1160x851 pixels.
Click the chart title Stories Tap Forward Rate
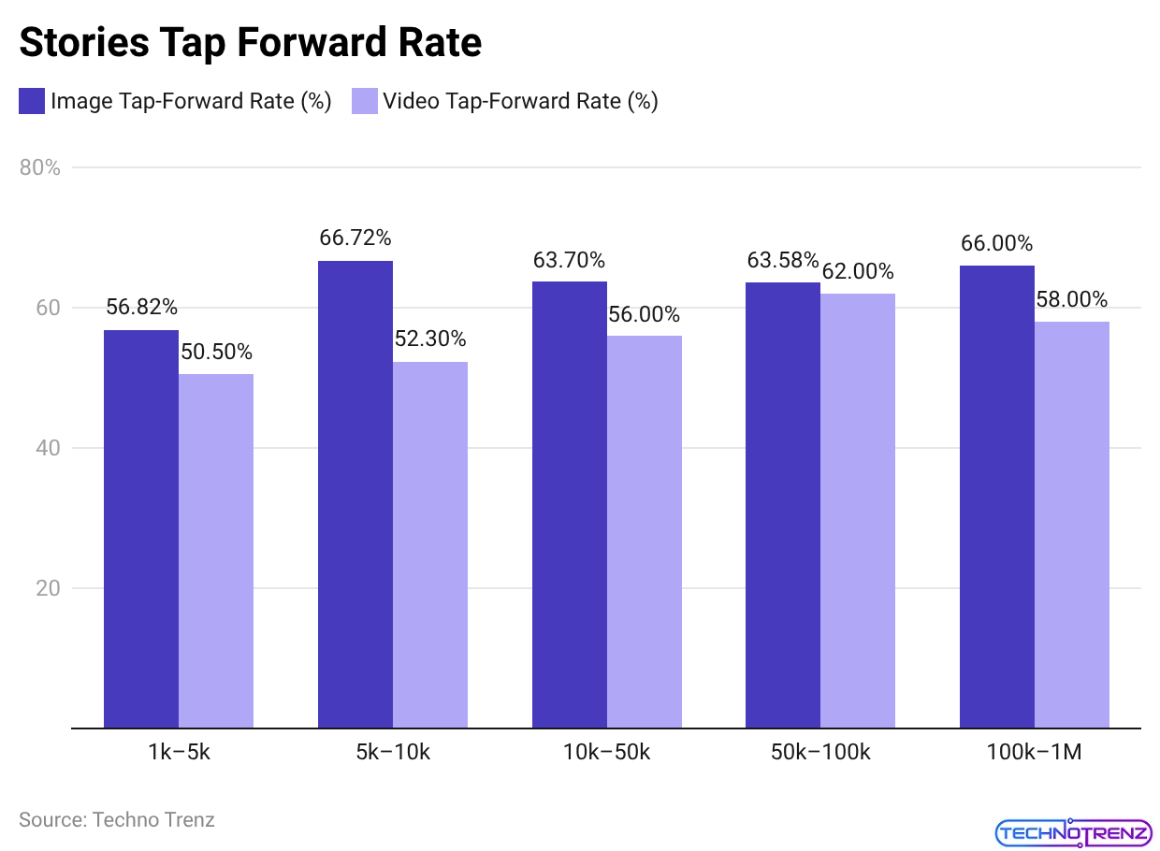coord(250,43)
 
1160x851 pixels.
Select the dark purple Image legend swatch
coord(32,101)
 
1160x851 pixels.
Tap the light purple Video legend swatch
coord(365,101)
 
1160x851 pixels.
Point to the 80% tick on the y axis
coord(40,168)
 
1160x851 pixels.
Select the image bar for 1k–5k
coord(141,528)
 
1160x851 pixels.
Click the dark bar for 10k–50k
coord(570,505)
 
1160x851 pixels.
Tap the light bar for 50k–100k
coord(858,510)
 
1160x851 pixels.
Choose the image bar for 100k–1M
coord(997,496)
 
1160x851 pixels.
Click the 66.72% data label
coord(355,238)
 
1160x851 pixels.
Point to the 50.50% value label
coord(216,352)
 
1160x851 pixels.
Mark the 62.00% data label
coord(858,271)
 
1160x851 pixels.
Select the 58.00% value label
coord(1072,299)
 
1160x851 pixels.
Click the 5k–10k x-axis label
coord(393,752)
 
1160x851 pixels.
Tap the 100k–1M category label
coord(1034,752)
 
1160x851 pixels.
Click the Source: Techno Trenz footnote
coord(117,820)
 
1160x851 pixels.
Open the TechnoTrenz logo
coord(1073,831)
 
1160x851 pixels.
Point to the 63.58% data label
coord(783,260)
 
